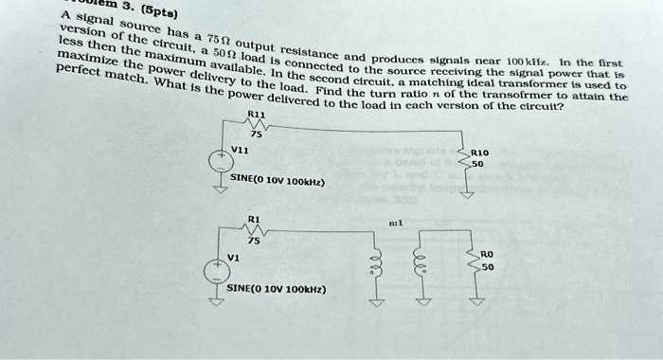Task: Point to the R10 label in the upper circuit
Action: point(480,152)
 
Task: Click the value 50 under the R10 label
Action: point(478,163)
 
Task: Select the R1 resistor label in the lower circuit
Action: point(252,219)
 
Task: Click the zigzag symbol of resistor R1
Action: point(253,230)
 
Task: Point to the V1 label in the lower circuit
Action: point(233,256)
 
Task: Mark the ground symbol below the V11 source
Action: point(221,189)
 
